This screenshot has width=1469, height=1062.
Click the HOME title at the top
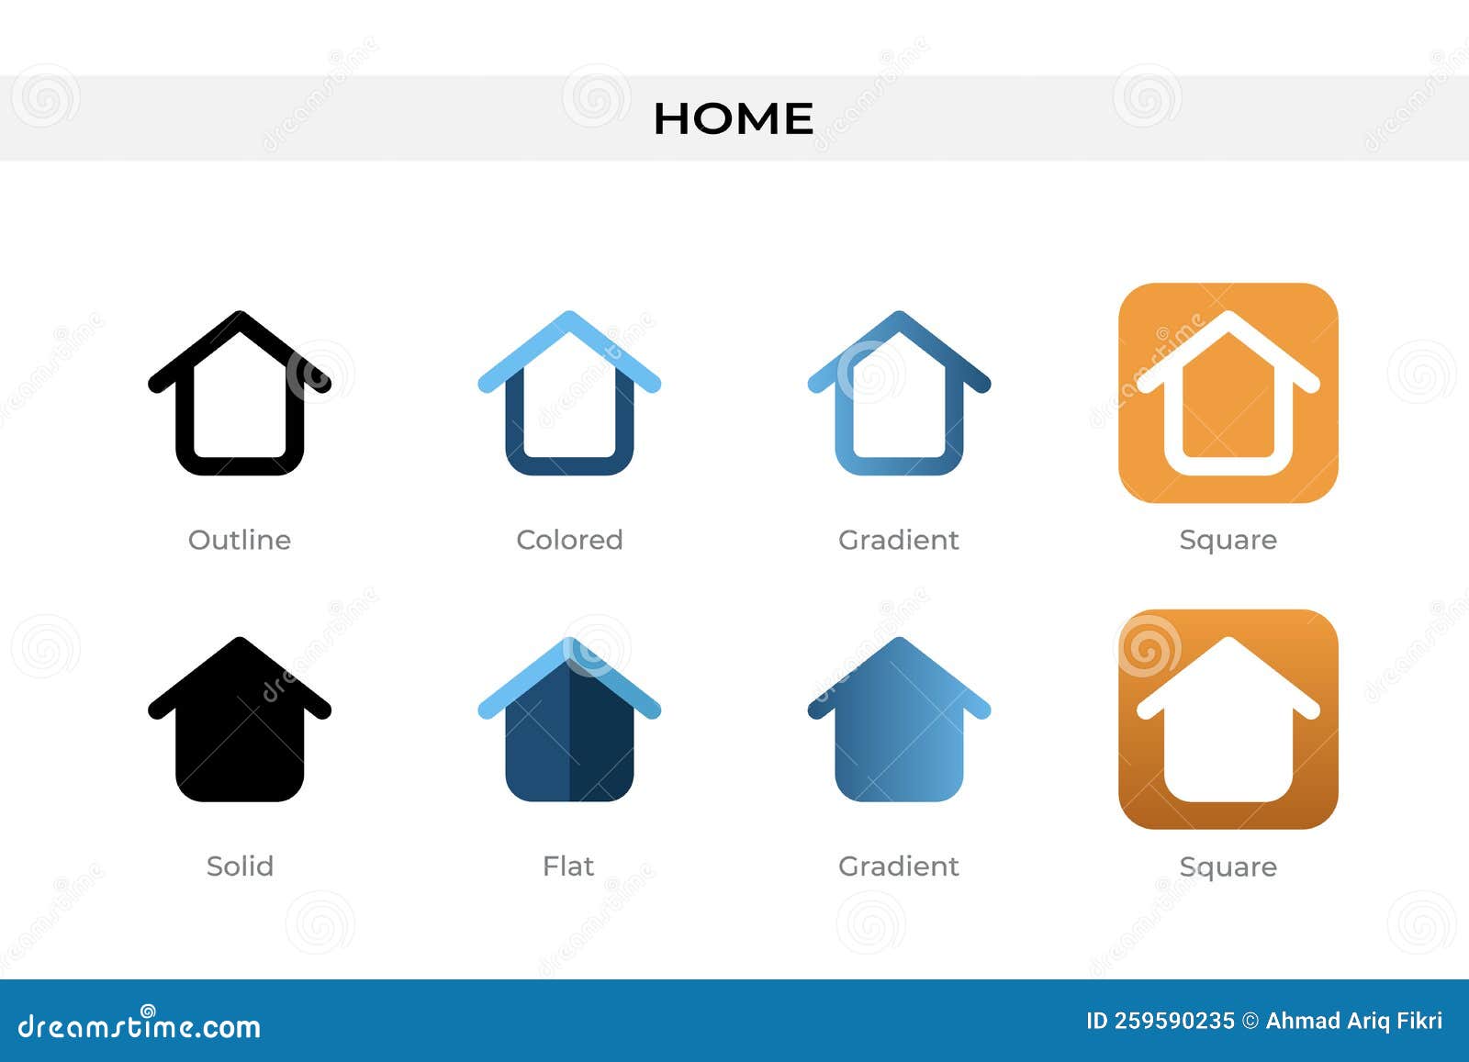pos(733,118)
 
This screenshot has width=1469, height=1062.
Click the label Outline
pos(239,540)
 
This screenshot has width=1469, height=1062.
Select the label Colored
pos(569,540)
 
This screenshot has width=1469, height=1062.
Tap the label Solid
pos(239,866)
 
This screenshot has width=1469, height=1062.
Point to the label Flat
pos(568,866)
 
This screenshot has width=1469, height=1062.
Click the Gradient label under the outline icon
pos(898,540)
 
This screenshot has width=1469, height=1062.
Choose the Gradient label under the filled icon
pos(898,866)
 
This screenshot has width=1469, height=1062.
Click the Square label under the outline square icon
pos(1228,540)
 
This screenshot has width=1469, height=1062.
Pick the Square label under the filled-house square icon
pos(1228,866)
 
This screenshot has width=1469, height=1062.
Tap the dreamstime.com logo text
pos(140,1025)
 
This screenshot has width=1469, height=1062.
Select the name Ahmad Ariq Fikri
pos(1353,1021)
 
